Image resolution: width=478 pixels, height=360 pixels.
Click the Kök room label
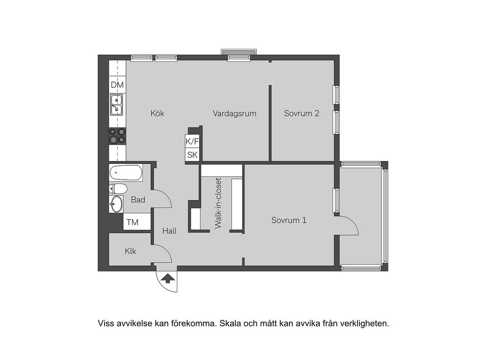[157, 113]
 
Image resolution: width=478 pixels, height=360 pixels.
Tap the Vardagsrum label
[234, 114]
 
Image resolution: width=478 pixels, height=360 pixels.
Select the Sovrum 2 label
[302, 113]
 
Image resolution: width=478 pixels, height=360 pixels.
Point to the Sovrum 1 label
[289, 220]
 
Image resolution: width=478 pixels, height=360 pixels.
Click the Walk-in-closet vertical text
[218, 203]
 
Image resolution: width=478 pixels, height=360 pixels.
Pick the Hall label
[169, 231]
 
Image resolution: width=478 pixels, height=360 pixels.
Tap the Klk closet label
[131, 252]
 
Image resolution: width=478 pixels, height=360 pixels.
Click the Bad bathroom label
[138, 200]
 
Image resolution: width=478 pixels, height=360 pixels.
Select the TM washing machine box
[137, 222]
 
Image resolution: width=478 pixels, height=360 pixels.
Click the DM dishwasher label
[117, 85]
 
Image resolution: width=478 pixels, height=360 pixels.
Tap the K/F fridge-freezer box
[192, 141]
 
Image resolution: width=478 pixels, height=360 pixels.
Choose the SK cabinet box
[192, 155]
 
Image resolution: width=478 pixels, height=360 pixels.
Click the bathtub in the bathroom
[126, 173]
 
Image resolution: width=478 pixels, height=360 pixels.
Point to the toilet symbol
[118, 189]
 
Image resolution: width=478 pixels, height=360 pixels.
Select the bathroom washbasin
[116, 204]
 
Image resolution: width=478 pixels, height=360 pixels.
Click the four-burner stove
[117, 136]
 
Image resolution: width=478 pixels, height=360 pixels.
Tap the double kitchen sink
[116, 105]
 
